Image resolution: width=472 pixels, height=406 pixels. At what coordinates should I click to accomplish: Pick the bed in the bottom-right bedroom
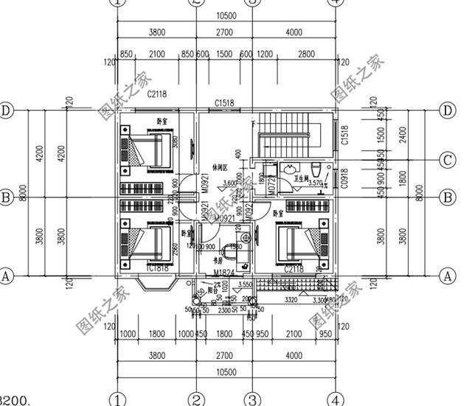302,243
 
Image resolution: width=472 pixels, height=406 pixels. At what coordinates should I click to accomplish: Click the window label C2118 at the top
156,94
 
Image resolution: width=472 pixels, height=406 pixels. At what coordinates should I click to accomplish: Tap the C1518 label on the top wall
224,103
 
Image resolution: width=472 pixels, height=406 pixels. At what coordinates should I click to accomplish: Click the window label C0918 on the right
346,178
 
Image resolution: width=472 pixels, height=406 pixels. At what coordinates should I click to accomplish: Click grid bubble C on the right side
446,160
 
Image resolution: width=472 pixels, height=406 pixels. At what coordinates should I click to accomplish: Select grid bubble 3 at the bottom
253,399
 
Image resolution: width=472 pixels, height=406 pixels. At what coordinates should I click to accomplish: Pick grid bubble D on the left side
7,111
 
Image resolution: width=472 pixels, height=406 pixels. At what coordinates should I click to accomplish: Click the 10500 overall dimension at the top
225,15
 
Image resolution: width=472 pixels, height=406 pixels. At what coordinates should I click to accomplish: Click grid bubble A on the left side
7,276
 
